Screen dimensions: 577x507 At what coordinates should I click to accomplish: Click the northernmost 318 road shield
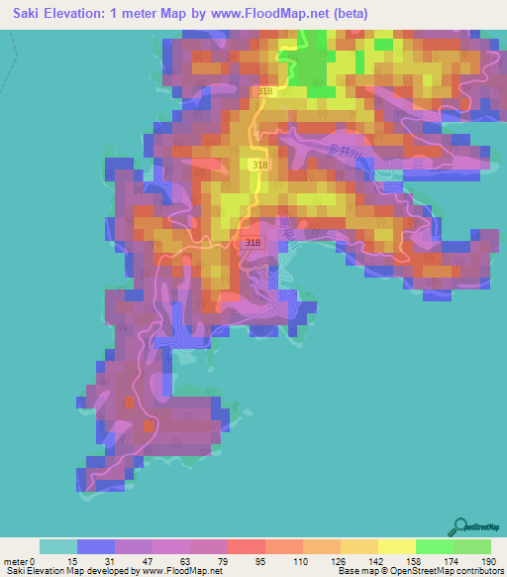click(x=263, y=91)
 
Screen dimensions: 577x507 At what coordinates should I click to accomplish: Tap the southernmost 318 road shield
click(x=252, y=241)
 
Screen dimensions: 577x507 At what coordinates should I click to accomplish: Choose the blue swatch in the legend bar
click(x=96, y=546)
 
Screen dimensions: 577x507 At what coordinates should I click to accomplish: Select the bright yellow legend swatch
click(x=396, y=546)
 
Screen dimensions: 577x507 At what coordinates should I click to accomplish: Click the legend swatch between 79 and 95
click(x=246, y=546)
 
